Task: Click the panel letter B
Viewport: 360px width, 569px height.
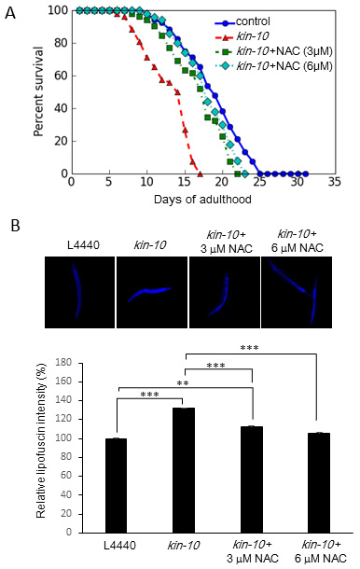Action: coord(15,226)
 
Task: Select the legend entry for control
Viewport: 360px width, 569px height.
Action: coord(242,21)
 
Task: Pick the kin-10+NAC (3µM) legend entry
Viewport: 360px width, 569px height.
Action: coord(273,51)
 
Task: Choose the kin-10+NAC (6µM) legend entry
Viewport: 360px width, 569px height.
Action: coord(273,66)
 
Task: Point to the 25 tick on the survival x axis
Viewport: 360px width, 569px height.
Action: coord(258,182)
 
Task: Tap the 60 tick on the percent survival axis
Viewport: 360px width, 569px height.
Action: coord(62,76)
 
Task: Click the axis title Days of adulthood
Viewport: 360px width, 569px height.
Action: coord(202,200)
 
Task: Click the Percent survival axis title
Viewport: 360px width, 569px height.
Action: coord(38,91)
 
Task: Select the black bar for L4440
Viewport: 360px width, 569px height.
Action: coord(117,486)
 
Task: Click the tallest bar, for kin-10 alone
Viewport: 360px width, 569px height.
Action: coord(184,470)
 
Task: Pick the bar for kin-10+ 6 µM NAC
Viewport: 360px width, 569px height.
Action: coord(319,482)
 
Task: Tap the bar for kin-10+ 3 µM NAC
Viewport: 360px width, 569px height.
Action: coord(252,479)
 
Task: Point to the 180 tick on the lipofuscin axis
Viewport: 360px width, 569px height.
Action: coord(63,363)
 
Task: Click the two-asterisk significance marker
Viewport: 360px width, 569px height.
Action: coord(183,383)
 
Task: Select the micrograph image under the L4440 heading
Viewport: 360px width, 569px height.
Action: coord(80,292)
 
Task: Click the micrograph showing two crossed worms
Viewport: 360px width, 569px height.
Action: coord(297,292)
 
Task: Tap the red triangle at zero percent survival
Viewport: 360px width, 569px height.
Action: coord(200,173)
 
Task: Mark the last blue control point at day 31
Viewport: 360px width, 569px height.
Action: coord(305,173)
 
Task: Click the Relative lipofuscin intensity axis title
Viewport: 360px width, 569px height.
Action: coord(41,440)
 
